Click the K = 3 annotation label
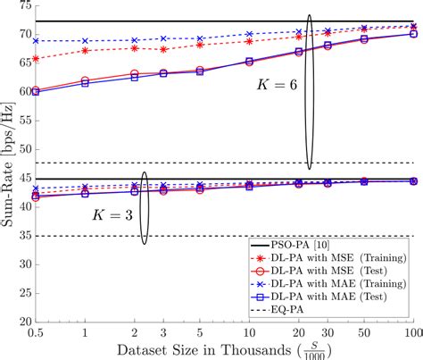[x=112, y=215]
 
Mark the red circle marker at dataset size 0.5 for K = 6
[x=35, y=90]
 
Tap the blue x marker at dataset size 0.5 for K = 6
[x=35, y=40]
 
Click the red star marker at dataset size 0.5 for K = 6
[x=35, y=59]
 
